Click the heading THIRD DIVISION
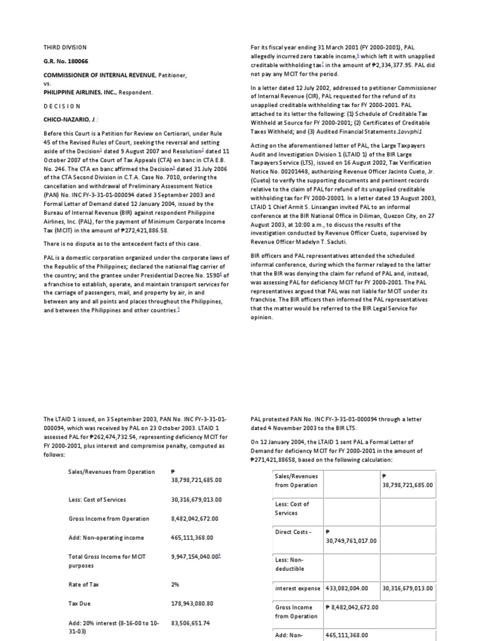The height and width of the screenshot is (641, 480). point(65,48)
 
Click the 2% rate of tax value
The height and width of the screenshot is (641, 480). point(175,584)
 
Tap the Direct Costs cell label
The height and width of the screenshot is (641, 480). point(292,532)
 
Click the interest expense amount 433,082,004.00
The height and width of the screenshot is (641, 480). point(351,588)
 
